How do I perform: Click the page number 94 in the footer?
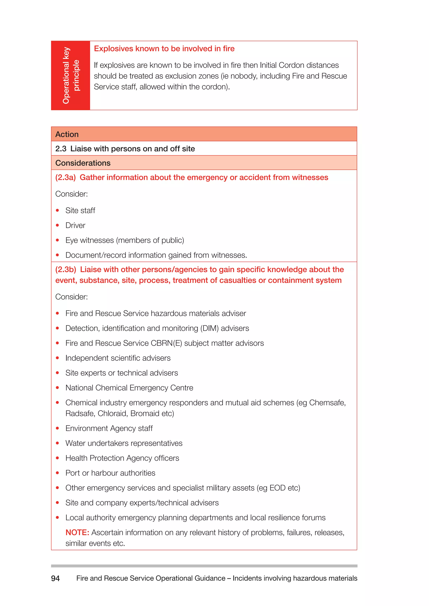tap(55, 578)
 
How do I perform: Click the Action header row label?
tap(67, 134)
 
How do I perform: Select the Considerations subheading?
tap(83, 163)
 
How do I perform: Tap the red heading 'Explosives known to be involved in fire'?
tap(164, 49)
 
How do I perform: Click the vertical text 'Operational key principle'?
tap(71, 76)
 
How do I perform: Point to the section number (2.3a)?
tap(65, 177)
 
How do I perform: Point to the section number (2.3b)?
tap(66, 270)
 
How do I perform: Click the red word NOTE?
tap(77, 532)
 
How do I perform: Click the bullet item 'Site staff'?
tap(80, 210)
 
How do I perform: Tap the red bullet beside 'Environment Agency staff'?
tap(57, 428)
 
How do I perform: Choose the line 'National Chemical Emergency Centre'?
tap(129, 388)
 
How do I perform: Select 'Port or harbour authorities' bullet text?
tap(110, 473)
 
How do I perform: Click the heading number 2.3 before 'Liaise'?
tap(61, 149)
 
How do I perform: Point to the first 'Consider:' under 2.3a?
tap(71, 194)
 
